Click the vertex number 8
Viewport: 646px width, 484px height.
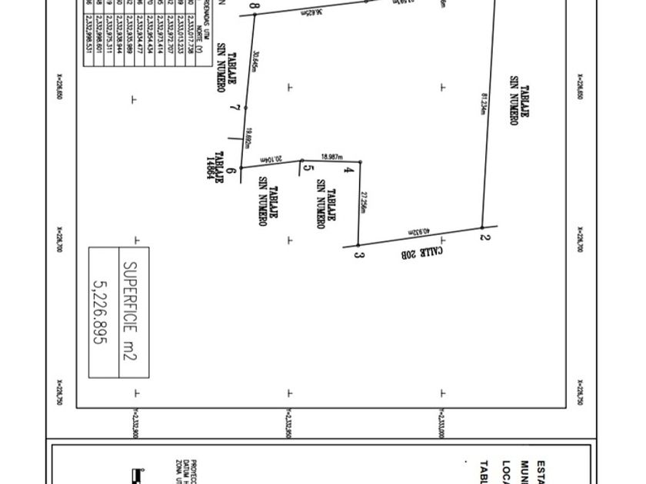[x=255, y=8]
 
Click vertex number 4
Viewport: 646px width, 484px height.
[x=348, y=168]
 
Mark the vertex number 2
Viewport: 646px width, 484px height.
[x=485, y=237]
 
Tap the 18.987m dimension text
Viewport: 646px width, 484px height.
[x=332, y=156]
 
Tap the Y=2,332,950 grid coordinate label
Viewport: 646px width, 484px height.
[x=288, y=424]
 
